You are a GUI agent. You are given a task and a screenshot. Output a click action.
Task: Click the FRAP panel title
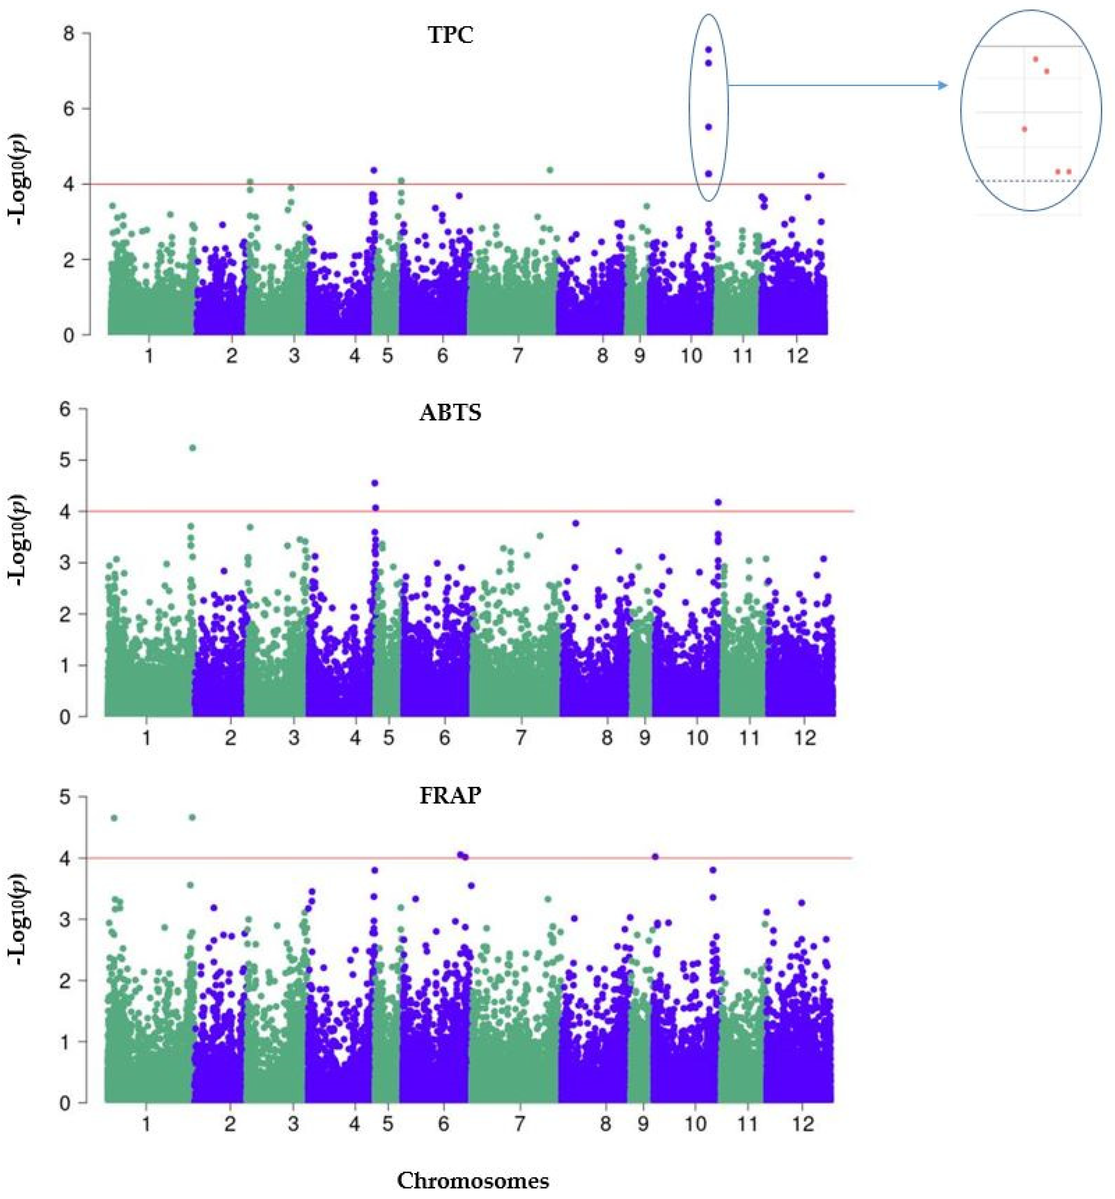point(450,796)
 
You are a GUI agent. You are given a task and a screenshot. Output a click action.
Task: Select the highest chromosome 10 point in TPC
point(709,50)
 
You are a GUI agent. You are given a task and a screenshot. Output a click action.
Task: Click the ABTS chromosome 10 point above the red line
point(718,502)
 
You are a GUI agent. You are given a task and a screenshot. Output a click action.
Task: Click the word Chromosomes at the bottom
point(473,1180)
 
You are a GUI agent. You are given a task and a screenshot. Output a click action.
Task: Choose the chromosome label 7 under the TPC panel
point(517,356)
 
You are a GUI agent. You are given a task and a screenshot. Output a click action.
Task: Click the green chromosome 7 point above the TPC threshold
point(549,170)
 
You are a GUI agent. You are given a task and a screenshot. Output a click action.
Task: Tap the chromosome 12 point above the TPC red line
point(821,176)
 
